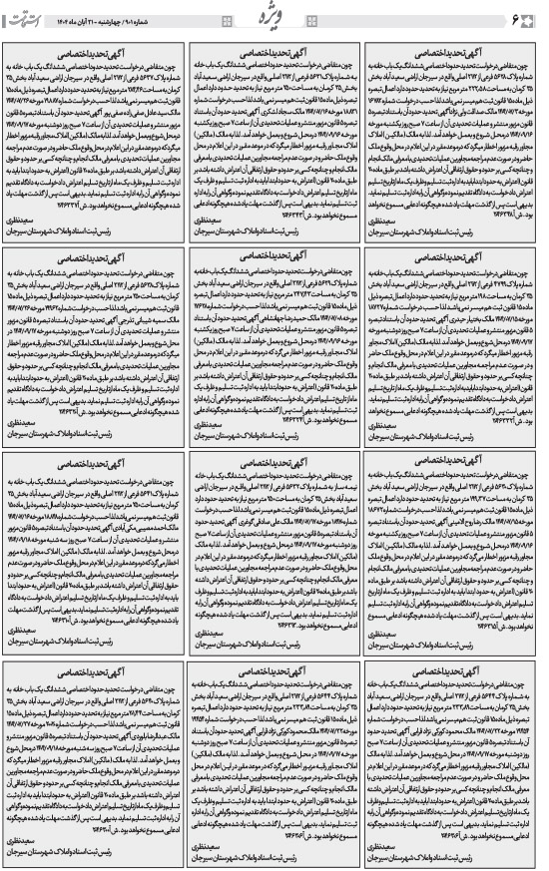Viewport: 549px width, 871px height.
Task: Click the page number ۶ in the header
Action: click(x=529, y=19)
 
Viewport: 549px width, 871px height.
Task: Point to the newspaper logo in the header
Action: click(x=31, y=18)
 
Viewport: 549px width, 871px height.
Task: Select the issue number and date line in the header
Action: click(x=113, y=20)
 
